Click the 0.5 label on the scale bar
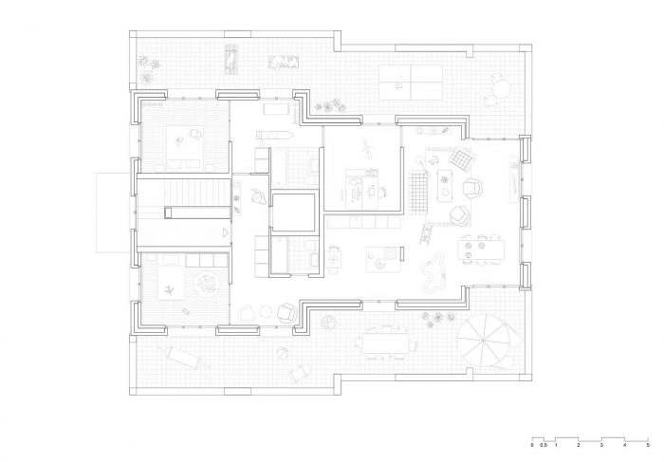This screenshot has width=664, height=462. [x=544, y=445]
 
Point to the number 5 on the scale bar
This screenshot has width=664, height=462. [x=648, y=445]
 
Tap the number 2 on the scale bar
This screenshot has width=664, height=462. [x=579, y=445]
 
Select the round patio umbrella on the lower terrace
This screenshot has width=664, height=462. [x=483, y=341]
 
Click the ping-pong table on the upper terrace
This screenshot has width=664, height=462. [x=411, y=83]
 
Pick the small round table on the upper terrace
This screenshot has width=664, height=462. [x=502, y=89]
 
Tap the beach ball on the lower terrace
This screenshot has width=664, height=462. [x=283, y=352]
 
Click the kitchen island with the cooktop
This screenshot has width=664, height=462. [x=382, y=259]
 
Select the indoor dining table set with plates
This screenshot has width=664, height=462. [x=482, y=249]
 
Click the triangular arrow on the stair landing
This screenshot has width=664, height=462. [x=226, y=232]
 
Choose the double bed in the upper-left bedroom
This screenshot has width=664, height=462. [x=185, y=147]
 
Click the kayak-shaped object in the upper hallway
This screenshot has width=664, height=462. [x=274, y=135]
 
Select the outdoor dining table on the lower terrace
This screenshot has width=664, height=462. [x=386, y=343]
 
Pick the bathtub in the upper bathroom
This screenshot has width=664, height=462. [x=278, y=167]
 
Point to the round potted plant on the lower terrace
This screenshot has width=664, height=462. [x=328, y=323]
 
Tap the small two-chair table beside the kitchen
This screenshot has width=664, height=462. [x=335, y=257]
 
